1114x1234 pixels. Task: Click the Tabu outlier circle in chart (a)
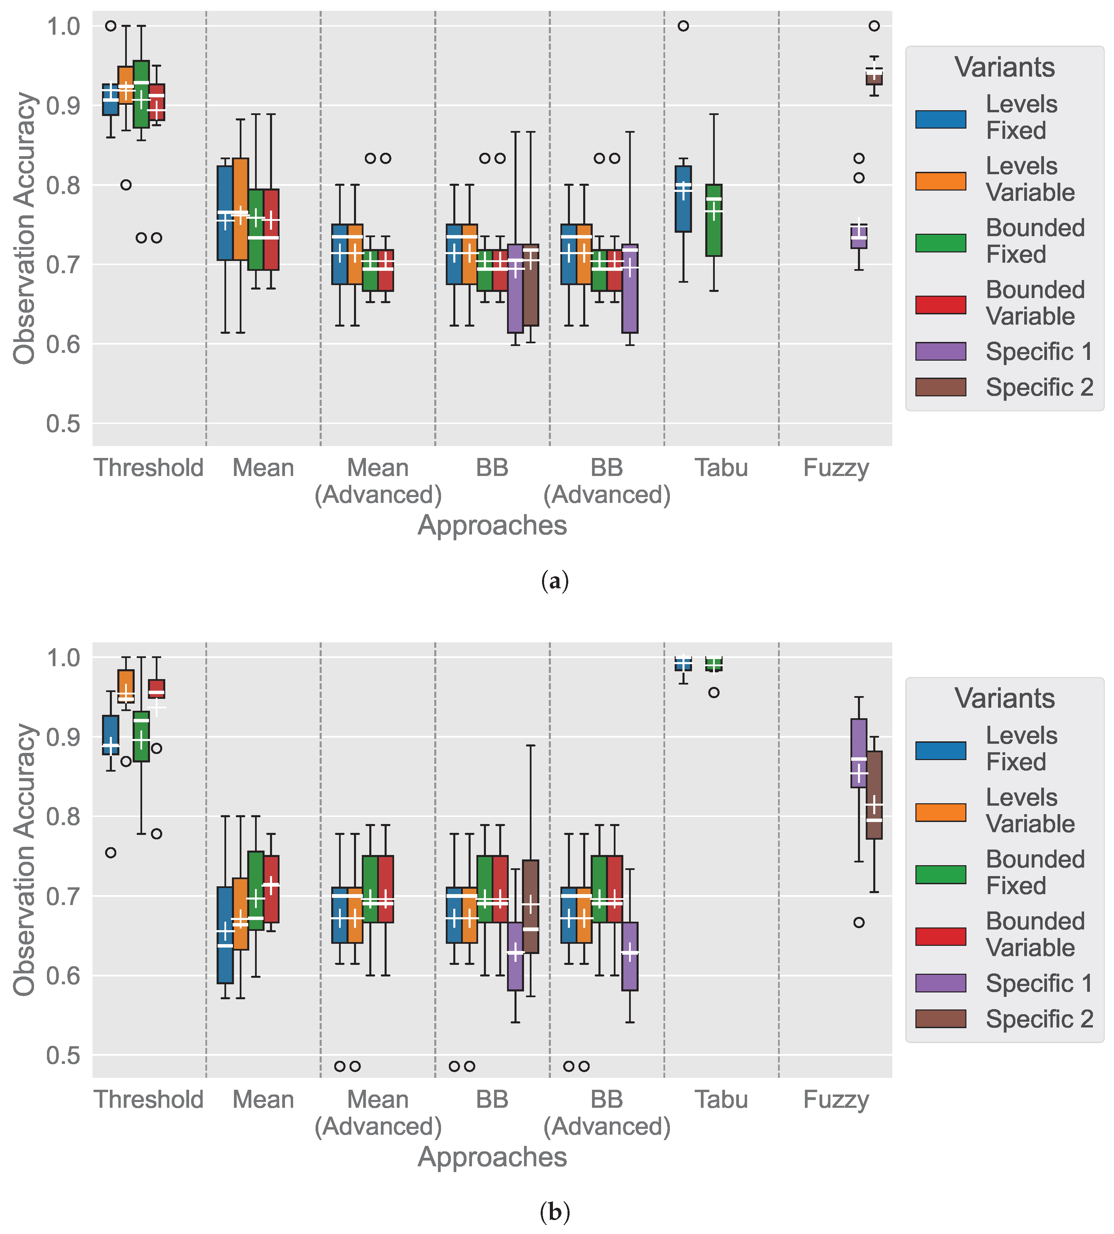coord(683,26)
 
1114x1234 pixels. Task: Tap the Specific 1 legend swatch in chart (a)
coord(940,351)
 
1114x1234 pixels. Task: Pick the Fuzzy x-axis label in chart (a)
coord(835,468)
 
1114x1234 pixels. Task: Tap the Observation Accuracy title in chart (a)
coord(24,228)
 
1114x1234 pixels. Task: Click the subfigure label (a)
coord(555,581)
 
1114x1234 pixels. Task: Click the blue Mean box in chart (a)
coord(225,213)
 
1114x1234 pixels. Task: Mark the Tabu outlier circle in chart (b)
coord(713,693)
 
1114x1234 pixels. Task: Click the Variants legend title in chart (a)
coord(1005,67)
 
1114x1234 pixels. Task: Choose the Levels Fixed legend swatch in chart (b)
coord(940,751)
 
